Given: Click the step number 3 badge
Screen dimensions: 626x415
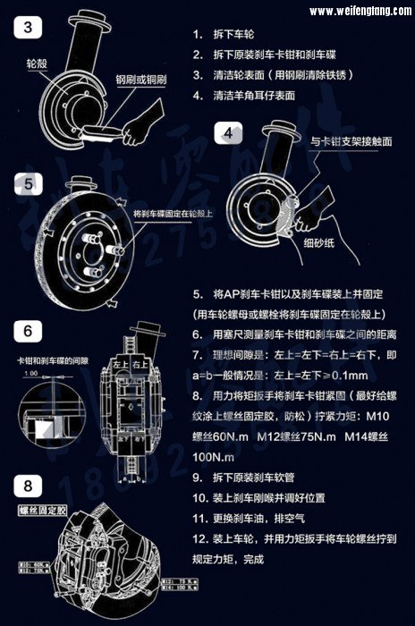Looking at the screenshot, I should click(x=29, y=27).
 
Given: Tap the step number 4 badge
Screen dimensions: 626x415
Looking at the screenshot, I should click(x=228, y=135).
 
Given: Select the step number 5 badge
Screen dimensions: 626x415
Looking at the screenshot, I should click(x=29, y=183).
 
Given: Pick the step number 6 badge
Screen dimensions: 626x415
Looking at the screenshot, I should click(x=29, y=331).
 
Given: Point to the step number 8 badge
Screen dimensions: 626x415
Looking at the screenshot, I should click(x=29, y=486).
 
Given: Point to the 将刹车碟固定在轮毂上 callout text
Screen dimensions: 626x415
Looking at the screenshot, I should click(x=173, y=215).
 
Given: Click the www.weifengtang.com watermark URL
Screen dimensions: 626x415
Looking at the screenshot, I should click(x=359, y=12).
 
